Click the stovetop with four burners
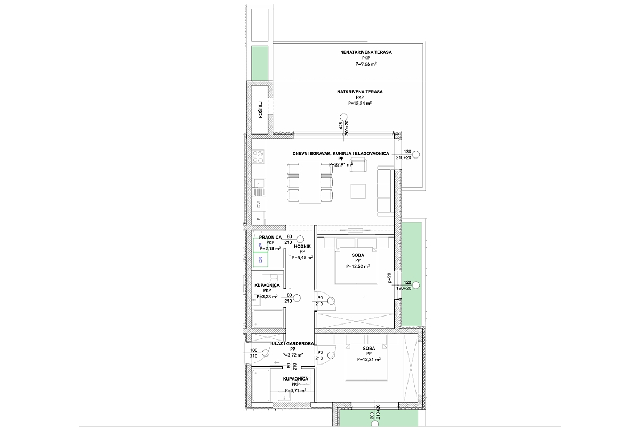pos(258,156)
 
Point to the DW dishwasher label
pos(259,204)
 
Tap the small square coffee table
pos(358,191)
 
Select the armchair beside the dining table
pos(359,167)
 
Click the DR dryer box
pos(260,260)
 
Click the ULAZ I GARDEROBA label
pos(293,344)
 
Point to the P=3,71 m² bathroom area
pos(295,390)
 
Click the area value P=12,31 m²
pos(369,360)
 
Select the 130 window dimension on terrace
pos(408,151)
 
